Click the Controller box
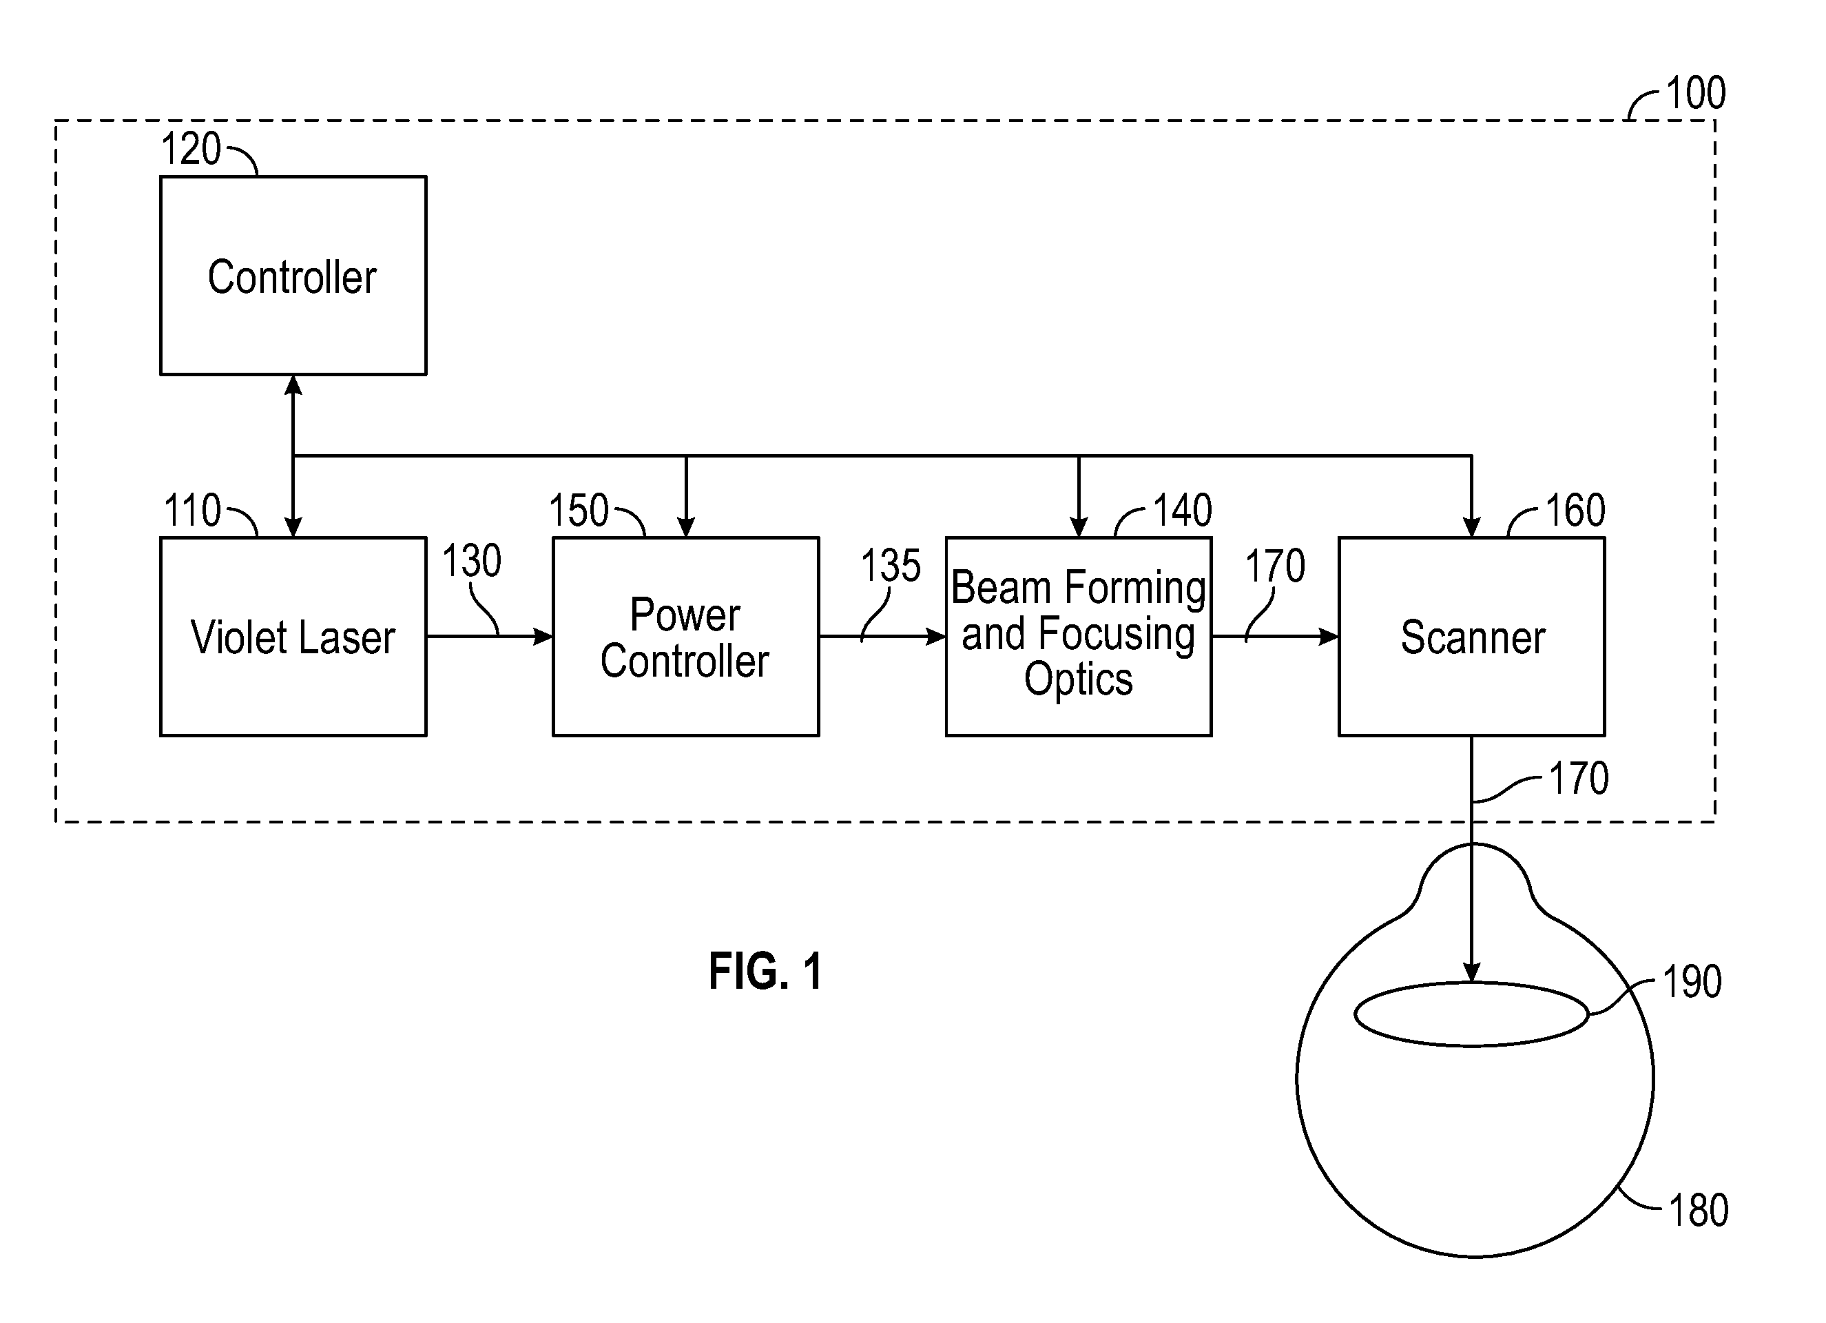[293, 276]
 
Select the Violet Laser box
[293, 636]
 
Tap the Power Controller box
[686, 636]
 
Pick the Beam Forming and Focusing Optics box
[1079, 636]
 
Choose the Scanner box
[1472, 636]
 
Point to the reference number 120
[191, 149]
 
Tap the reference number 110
[191, 511]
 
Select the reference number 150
[578, 511]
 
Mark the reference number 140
[1183, 511]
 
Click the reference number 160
[1575, 511]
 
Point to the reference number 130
[472, 560]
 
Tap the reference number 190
[1692, 982]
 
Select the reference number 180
[1699, 1210]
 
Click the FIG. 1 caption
[766, 971]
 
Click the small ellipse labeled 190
[1356, 1014]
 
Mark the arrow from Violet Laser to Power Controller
[490, 637]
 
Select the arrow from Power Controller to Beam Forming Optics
[882, 637]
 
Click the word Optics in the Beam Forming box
[1079, 679]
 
